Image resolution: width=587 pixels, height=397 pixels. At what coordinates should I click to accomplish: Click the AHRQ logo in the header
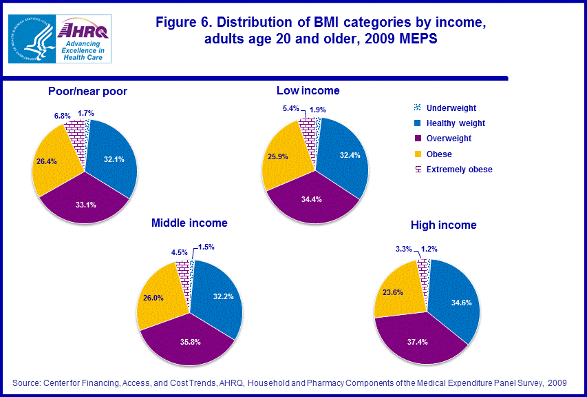coord(83,40)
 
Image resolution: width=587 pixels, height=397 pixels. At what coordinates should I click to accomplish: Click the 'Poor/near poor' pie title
coord(87,91)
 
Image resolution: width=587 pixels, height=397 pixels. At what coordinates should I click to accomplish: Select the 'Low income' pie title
coord(308,91)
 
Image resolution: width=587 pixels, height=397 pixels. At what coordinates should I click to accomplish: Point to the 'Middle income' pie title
coord(189,223)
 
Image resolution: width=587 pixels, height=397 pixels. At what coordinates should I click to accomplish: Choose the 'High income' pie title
coord(443,225)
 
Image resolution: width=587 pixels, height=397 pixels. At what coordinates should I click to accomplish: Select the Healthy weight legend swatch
coord(417,123)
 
